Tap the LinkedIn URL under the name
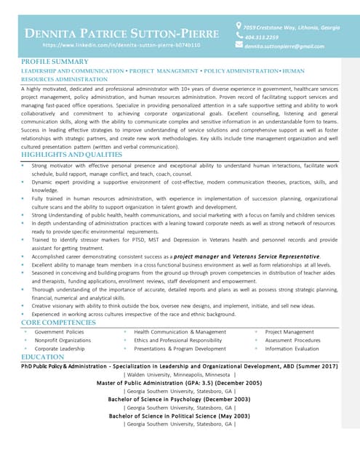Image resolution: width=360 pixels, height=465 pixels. tap(121, 45)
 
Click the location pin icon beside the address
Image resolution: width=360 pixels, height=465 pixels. tap(239, 26)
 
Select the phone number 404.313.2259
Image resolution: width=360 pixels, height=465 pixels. tap(262, 36)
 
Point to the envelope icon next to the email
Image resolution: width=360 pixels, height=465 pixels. tap(239, 45)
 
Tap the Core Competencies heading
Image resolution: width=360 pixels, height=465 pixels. tap(59, 322)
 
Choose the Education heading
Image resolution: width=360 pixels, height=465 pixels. tap(43, 357)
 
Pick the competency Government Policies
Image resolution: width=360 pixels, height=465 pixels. tap(59, 331)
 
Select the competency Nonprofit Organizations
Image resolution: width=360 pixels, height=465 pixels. tap(63, 340)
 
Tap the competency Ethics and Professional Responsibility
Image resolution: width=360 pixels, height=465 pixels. tap(177, 340)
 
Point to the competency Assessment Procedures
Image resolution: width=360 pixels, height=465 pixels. tap(292, 340)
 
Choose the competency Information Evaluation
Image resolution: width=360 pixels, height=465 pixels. tap(292, 349)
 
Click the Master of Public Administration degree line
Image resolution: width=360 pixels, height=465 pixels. tap(179, 382)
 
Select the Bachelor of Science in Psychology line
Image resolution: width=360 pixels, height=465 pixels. tap(179, 399)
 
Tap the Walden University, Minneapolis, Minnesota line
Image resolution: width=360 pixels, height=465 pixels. tap(179, 374)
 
